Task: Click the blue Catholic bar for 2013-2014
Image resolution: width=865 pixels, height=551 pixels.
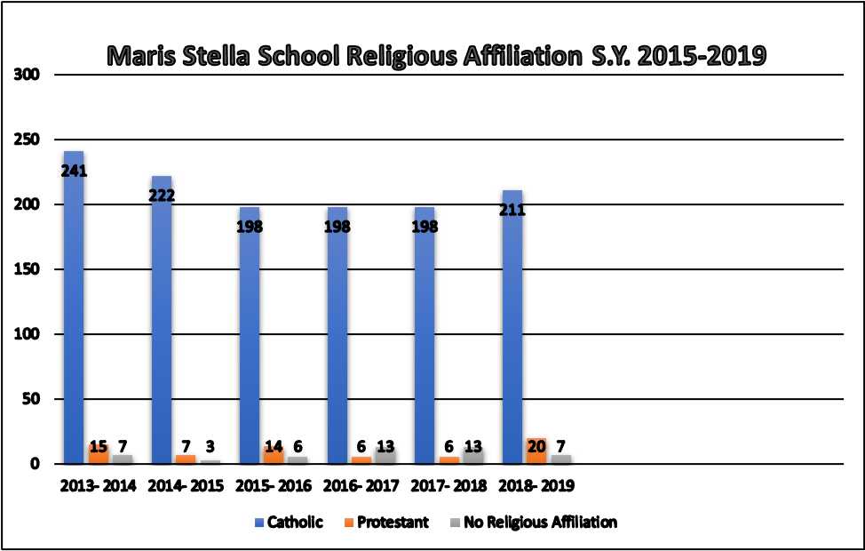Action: coord(74,311)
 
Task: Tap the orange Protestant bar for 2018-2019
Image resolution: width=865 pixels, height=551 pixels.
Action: coord(536,451)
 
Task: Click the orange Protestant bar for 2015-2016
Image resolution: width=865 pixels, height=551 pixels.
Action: coord(274,455)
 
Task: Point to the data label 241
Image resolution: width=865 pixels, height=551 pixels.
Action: coord(74,172)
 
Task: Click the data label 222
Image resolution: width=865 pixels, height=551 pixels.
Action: coord(161,196)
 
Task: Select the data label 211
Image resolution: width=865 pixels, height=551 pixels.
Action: coord(512,212)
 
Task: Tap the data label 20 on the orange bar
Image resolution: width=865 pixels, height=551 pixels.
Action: coord(536,446)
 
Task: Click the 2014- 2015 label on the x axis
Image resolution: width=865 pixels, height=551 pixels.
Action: coord(186,486)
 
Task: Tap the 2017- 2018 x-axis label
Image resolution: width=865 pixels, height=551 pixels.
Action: coord(448,486)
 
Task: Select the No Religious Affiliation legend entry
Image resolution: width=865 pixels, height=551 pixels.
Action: coord(533,523)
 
